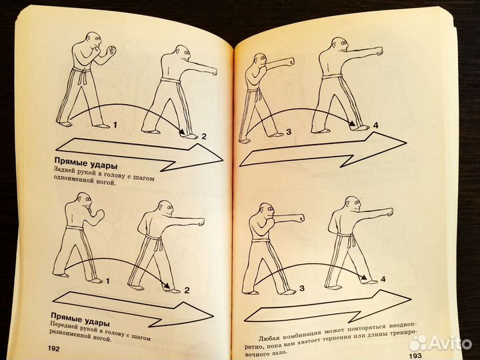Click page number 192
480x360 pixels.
(x=53, y=348)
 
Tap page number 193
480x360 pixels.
(x=415, y=356)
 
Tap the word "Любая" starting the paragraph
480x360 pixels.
(x=269, y=337)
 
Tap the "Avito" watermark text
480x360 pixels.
(x=450, y=343)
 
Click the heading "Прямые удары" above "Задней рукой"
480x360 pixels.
(x=86, y=163)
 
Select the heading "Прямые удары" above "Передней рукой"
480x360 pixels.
(x=80, y=319)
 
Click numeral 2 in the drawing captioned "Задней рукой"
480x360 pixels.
(x=204, y=136)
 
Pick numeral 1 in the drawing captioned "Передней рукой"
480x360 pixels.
(x=107, y=281)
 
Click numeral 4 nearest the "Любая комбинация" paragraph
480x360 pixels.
(x=383, y=279)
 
